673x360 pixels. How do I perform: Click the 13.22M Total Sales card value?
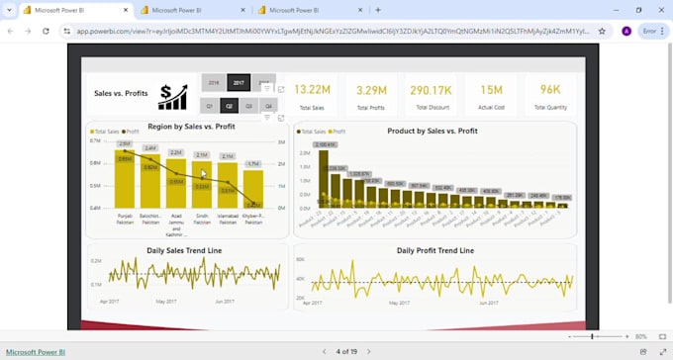click(x=312, y=89)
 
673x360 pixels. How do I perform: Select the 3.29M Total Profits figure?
click(x=371, y=89)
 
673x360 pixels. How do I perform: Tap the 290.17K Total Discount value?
click(x=431, y=89)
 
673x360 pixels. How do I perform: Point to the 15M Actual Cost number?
click(x=491, y=89)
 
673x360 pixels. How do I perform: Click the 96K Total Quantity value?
click(x=550, y=89)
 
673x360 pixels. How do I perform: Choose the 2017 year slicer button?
click(x=239, y=82)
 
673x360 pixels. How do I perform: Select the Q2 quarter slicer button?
click(x=229, y=105)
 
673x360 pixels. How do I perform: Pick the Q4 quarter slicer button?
click(x=268, y=105)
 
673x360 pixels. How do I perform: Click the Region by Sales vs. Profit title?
click(x=191, y=127)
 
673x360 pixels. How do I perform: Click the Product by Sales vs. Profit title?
click(x=433, y=131)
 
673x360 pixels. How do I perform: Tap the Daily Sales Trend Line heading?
click(x=185, y=251)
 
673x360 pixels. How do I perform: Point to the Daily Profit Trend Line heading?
click(x=434, y=251)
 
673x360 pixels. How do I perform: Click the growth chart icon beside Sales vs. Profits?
click(x=172, y=96)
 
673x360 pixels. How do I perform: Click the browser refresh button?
click(x=46, y=31)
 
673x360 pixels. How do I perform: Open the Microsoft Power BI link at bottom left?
click(x=36, y=352)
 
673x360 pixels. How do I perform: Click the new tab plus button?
click(x=377, y=10)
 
